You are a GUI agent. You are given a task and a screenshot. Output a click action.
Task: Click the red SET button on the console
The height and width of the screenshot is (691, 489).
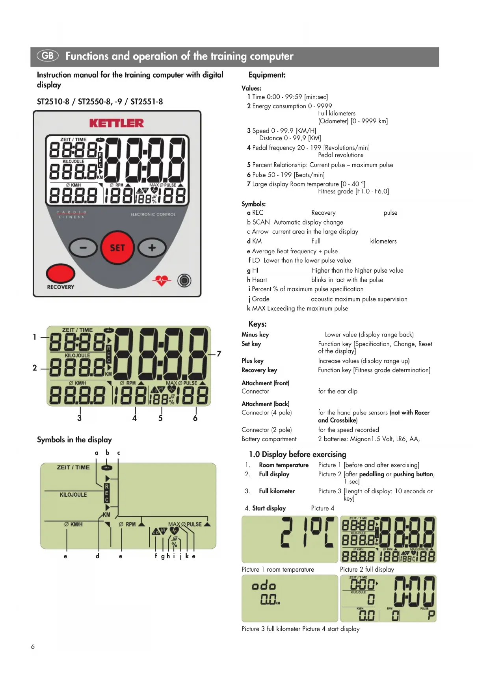(117, 248)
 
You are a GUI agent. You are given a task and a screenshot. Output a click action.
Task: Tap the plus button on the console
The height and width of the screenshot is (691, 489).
(152, 248)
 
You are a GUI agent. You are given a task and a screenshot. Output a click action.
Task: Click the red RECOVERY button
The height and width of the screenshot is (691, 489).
(60, 274)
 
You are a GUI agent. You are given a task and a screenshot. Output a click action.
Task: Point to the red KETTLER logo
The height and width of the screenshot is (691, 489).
(117, 123)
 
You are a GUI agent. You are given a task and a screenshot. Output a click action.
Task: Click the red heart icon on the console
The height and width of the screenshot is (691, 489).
(162, 280)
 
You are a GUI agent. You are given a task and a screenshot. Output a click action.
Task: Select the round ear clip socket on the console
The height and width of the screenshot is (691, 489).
(184, 280)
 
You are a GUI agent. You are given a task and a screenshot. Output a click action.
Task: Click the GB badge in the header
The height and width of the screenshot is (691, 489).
(48, 56)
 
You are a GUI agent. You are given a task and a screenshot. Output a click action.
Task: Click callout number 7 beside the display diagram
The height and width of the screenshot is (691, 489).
(219, 354)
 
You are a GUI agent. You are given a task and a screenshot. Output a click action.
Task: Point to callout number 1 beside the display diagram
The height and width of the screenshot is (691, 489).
(35, 337)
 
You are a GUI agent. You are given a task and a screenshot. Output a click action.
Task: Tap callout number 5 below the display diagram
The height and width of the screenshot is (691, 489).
(160, 418)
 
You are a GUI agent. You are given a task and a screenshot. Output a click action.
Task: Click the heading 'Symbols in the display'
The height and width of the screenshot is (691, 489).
(74, 440)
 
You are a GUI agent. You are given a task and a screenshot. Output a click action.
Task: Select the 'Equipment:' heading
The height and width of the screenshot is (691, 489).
(267, 75)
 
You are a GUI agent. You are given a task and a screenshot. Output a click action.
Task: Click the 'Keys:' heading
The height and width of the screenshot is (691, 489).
(257, 324)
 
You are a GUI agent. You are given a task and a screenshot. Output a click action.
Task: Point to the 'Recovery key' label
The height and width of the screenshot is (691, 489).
(259, 370)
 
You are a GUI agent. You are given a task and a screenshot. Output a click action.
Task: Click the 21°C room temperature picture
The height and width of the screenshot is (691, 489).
(290, 539)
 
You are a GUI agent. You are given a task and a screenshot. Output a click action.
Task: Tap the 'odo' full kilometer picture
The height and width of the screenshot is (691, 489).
(290, 598)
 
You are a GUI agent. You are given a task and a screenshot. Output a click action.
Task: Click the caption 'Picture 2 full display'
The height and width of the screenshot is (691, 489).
(367, 569)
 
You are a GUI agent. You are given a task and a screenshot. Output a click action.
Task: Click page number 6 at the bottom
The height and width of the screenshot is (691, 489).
(33, 646)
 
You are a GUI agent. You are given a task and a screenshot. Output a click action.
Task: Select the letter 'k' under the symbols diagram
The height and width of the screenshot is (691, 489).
(187, 556)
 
